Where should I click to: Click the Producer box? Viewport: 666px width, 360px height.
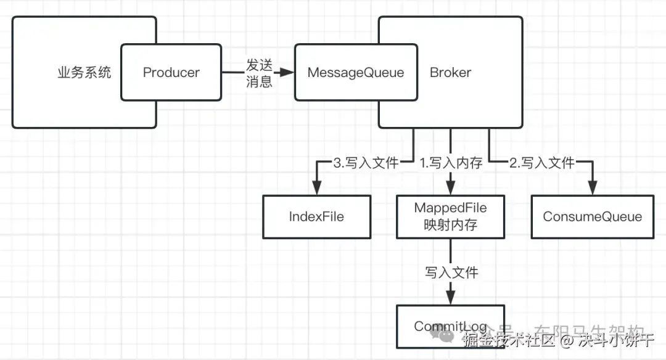pos(171,72)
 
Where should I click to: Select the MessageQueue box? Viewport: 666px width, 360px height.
pos(355,72)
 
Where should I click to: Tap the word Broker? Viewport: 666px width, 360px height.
pos(450,72)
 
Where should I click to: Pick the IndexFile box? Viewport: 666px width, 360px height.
pos(316,216)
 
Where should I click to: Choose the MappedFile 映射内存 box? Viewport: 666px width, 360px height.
pos(450,216)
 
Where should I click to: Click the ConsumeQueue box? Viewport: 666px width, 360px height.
pos(592,216)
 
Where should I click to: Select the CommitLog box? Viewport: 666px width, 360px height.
pos(450,326)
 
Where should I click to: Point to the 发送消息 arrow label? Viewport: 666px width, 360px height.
pos(259,73)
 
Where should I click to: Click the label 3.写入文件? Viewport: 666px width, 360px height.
pos(366,163)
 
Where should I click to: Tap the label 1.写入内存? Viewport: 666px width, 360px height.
pos(451,163)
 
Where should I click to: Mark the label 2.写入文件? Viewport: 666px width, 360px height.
pos(542,163)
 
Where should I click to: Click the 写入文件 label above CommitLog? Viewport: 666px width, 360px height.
pos(451,272)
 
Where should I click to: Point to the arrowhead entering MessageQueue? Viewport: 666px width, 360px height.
pos(287,72)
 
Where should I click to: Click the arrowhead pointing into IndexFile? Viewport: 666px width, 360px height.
pos(317,189)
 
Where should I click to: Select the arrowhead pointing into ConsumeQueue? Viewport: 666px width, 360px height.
pos(593,189)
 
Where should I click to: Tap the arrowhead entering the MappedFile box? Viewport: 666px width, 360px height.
pos(450,189)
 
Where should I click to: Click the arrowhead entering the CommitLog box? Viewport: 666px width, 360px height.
pos(450,298)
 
